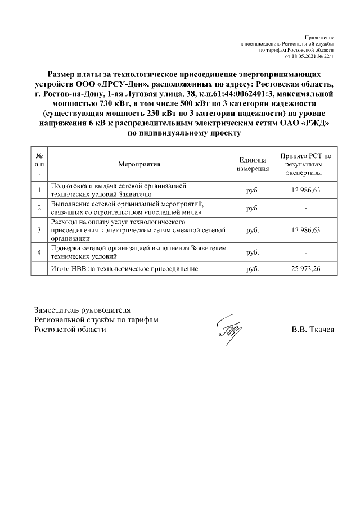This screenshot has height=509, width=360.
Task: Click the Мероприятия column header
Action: click(x=139, y=164)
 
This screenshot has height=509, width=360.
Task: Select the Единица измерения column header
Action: click(x=253, y=164)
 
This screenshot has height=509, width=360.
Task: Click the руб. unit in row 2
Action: click(x=253, y=208)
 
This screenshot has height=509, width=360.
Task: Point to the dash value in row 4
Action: click(x=305, y=252)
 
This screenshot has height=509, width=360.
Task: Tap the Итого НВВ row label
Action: click(x=124, y=269)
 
